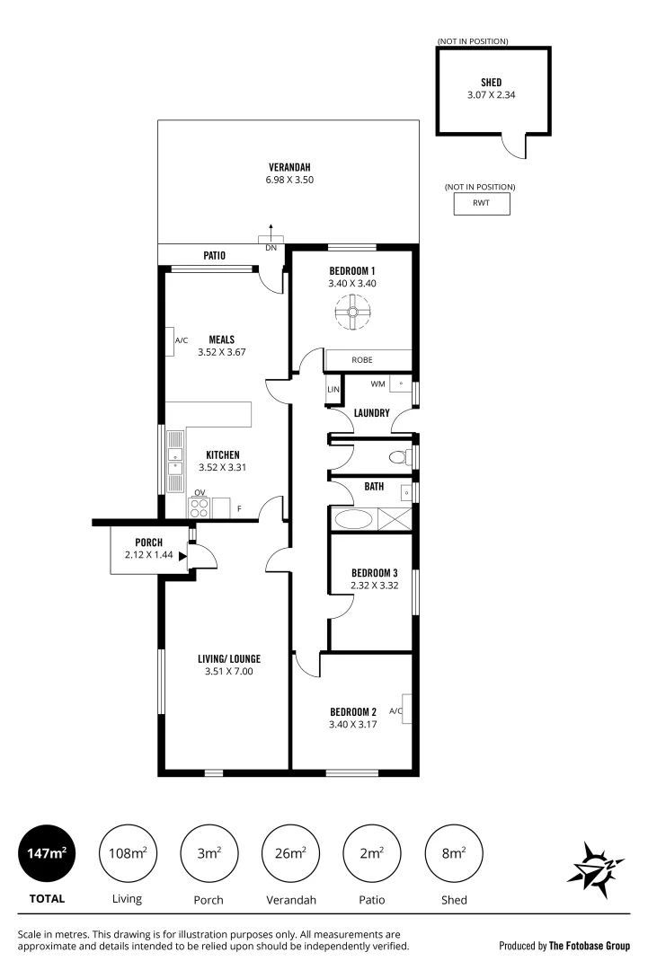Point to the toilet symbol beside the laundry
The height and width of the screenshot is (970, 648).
pyautogui.click(x=398, y=457)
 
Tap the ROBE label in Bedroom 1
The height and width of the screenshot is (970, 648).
pyautogui.click(x=362, y=359)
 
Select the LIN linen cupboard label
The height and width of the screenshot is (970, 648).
pyautogui.click(x=333, y=390)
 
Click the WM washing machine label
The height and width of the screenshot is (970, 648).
pyautogui.click(x=377, y=384)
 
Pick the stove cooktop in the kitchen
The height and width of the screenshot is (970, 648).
pyautogui.click(x=200, y=507)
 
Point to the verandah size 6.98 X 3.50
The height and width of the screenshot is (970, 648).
pyautogui.click(x=289, y=180)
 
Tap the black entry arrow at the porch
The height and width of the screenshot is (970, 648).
pyautogui.click(x=183, y=557)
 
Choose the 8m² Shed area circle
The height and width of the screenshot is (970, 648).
pyautogui.click(x=453, y=853)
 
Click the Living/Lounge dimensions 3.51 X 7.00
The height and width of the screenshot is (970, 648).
pyautogui.click(x=228, y=670)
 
